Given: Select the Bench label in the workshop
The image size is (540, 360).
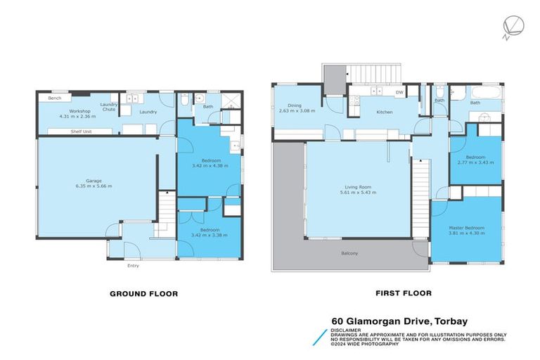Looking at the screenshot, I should pos(55,98).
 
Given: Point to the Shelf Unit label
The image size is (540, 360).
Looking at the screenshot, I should pos(80,131).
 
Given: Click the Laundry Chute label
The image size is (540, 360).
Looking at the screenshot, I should pos(109,107).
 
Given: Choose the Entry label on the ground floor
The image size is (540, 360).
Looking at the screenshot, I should pos(133,266).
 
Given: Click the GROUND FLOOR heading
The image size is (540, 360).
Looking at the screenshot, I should pos(143,294).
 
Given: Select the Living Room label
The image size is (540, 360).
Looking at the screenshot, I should pos(359,187).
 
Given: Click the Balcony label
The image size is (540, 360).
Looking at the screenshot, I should pos(349,252).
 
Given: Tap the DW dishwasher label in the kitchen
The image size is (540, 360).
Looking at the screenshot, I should pos(399,92).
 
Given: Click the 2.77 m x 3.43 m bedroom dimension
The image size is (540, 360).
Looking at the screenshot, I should pos(476,162).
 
